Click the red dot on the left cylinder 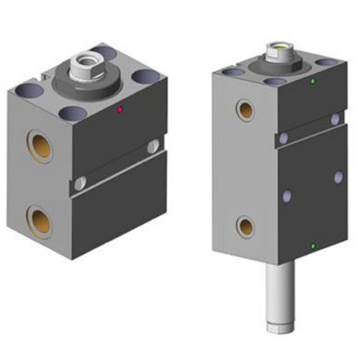coord(120,110)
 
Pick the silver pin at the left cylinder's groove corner coord(83,181)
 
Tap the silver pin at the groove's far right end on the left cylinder coord(153,147)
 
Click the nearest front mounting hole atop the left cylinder coord(71,113)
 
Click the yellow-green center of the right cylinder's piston coord(279,48)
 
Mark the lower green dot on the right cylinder coord(312,247)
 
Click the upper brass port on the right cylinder coord(246,109)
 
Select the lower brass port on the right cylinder coord(246,227)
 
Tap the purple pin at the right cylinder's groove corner coord(284,137)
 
